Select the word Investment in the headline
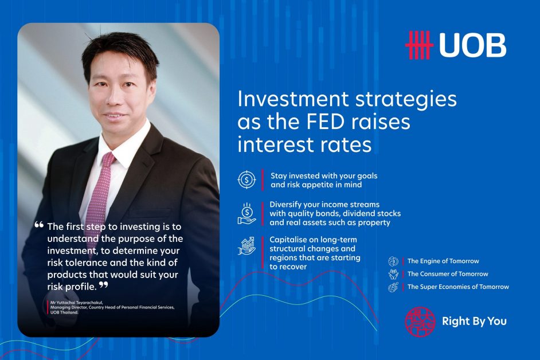293,99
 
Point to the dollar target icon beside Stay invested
246,179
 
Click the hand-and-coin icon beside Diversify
246,214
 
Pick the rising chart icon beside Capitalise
246,246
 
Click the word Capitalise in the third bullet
287,240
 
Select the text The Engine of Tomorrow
443,261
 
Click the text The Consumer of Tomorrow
448,274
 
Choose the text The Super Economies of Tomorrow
458,287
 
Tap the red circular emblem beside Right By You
420,322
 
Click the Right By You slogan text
474,322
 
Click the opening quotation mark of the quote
39,225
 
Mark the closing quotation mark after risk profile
104,285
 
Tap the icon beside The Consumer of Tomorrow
393,274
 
